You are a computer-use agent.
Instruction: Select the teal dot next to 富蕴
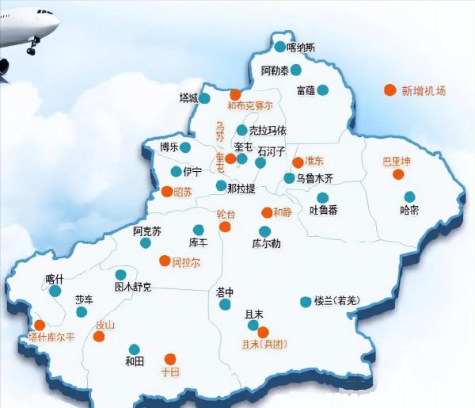coord(322,90)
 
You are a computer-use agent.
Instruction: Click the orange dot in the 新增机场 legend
coord(389,90)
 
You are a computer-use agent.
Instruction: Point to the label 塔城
coord(188,99)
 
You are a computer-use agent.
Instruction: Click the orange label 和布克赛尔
coord(250,105)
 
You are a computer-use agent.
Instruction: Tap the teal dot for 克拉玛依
coord(241,130)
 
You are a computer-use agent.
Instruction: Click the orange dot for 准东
coord(298,162)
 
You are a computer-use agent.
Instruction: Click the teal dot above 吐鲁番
coord(322,198)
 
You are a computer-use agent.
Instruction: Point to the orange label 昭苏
coord(183,192)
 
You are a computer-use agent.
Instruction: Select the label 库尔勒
coord(266,243)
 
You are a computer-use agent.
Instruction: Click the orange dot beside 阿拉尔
coord(165,261)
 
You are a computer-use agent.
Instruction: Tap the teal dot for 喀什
coord(54,292)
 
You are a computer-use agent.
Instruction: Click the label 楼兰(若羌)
coord(336,301)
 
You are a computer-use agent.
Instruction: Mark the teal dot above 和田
coord(135,349)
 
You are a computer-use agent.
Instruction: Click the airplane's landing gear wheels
coord(32,50)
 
